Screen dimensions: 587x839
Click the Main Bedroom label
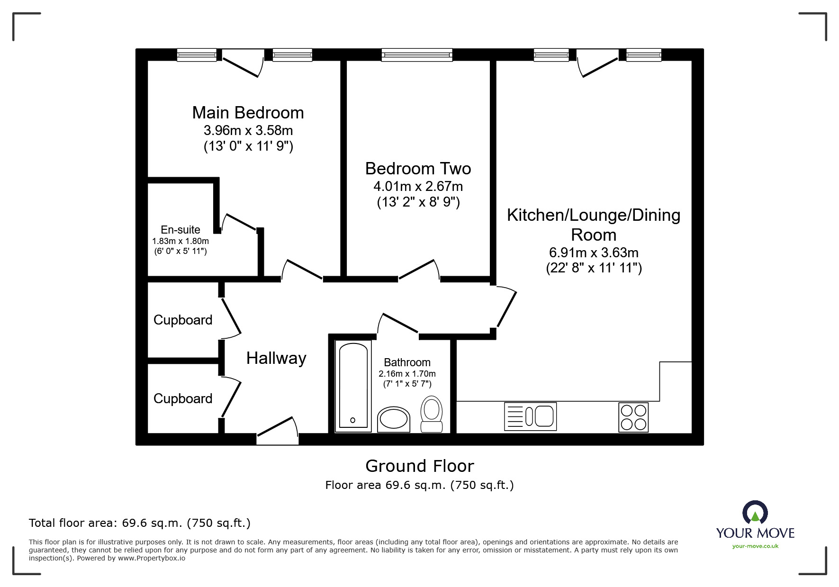(x=248, y=113)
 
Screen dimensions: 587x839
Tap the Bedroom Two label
(x=418, y=169)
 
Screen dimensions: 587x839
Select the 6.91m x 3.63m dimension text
(x=594, y=253)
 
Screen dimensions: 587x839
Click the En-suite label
(x=180, y=230)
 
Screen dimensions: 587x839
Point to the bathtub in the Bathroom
(x=353, y=386)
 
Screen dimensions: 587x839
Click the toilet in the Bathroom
(x=432, y=413)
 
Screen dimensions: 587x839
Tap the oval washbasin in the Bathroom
(x=394, y=419)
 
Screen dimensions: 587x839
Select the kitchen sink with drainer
(x=530, y=416)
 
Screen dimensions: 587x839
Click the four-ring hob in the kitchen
(x=633, y=417)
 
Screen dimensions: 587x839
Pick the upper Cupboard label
(x=183, y=320)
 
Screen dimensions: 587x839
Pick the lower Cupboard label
(x=183, y=399)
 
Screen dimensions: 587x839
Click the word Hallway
(x=276, y=358)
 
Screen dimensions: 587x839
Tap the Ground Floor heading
(x=419, y=466)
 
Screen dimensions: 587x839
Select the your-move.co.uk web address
(x=755, y=546)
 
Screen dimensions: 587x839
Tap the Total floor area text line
(x=140, y=523)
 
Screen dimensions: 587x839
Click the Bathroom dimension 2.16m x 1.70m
(x=407, y=374)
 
